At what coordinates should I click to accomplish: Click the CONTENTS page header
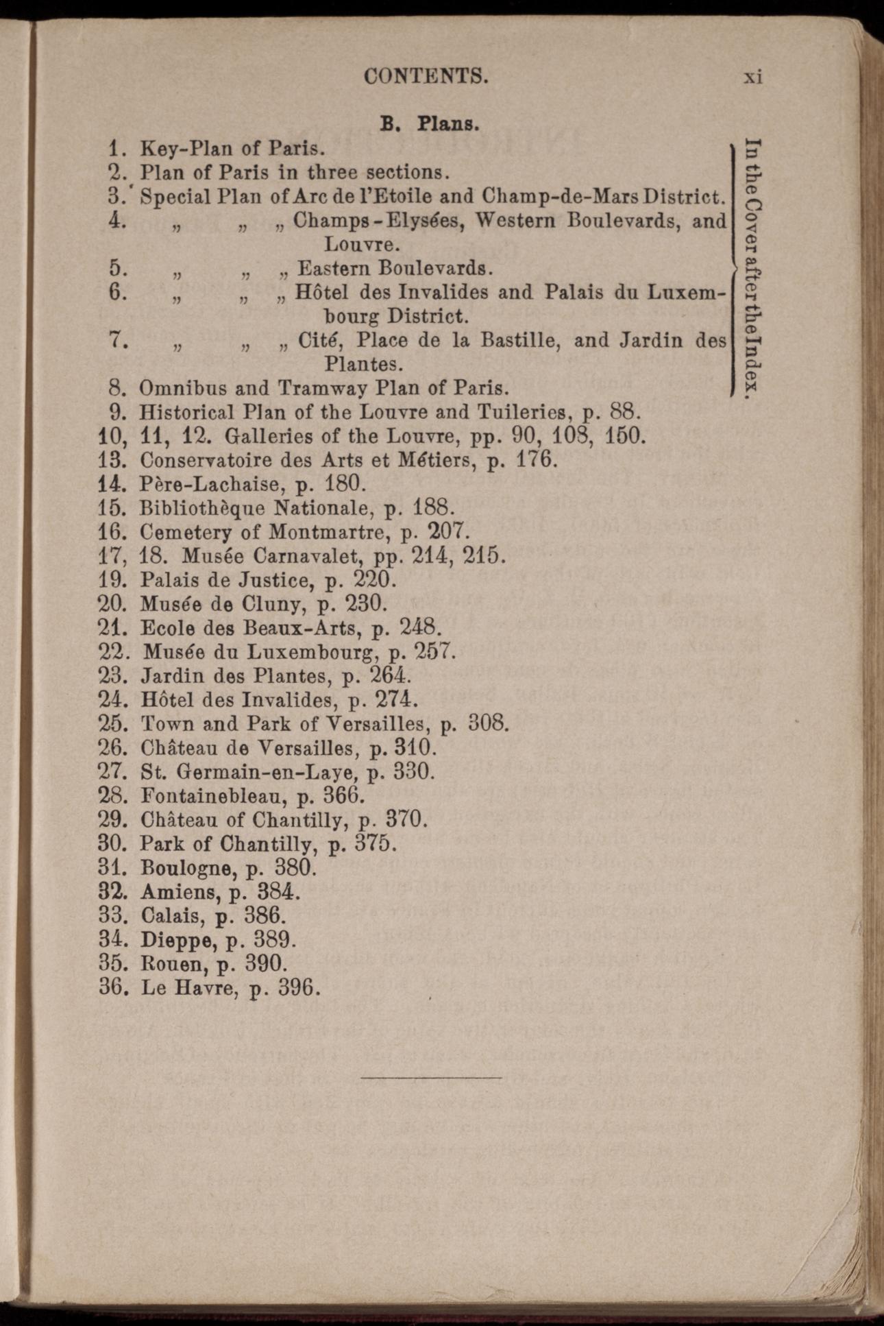[x=426, y=75]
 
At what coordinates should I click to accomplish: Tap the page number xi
[x=753, y=76]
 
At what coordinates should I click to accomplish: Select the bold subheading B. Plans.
[x=429, y=124]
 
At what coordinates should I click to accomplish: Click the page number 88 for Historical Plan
[x=623, y=412]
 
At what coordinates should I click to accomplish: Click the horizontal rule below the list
[x=431, y=1078]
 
